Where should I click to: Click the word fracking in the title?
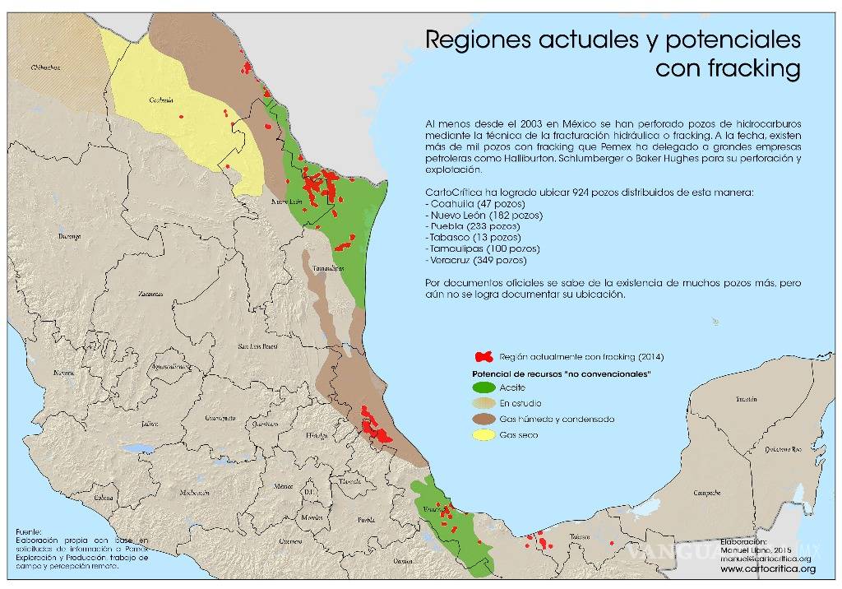point(753,68)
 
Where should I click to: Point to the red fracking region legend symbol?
point(485,357)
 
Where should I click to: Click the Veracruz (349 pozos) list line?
point(476,260)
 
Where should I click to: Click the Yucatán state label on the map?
point(746,399)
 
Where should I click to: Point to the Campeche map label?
point(708,494)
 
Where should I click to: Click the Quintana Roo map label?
point(784,449)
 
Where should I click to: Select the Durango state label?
point(68,236)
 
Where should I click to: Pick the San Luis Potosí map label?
point(256,347)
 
